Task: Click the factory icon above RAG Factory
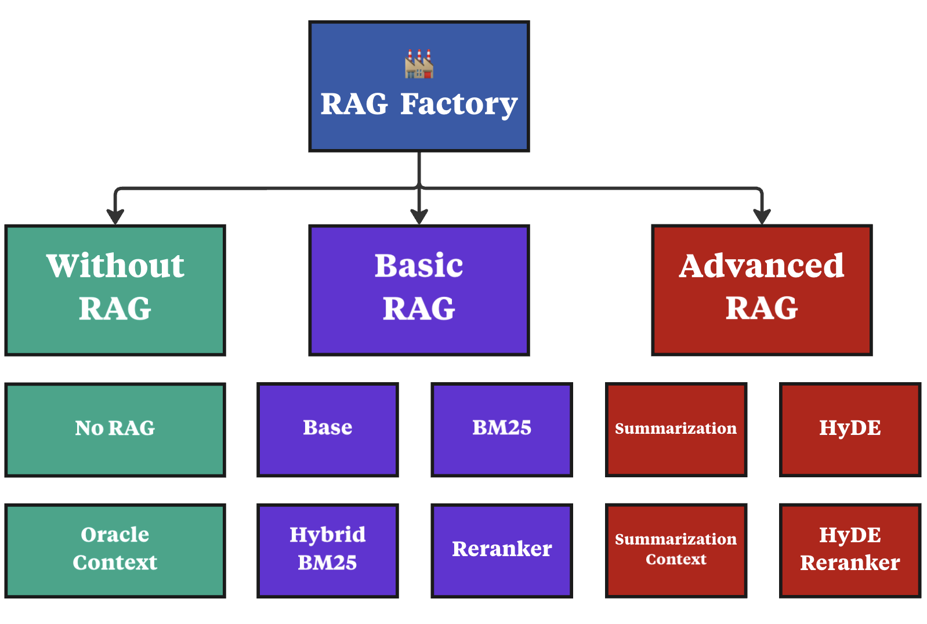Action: [x=419, y=64]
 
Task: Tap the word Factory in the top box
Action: [x=458, y=104]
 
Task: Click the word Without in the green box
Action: [x=115, y=266]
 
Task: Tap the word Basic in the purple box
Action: [x=419, y=266]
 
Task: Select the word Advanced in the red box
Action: [x=762, y=266]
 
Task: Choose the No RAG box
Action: [x=115, y=430]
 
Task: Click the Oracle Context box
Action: [x=115, y=550]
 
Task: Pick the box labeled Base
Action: [x=328, y=430]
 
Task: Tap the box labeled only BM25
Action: [x=502, y=430]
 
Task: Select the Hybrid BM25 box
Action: [x=328, y=550]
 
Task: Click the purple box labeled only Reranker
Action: [x=502, y=550]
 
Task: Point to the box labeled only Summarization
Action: [x=676, y=430]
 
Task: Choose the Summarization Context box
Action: [x=676, y=550]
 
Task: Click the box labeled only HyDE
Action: [x=850, y=430]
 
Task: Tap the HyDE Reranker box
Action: [x=850, y=550]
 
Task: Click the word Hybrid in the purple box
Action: [x=328, y=535]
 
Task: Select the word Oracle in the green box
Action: [x=115, y=535]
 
